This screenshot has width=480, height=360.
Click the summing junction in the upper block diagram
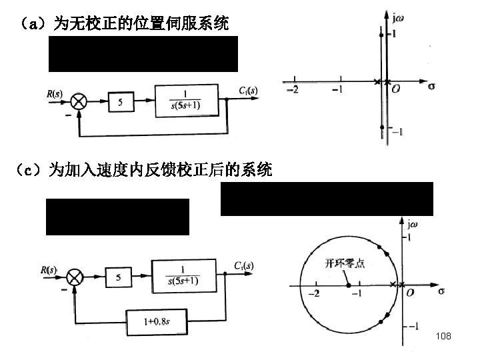tap(79, 101)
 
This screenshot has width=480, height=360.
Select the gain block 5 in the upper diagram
tap(120, 102)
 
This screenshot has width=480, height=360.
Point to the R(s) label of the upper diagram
tap(55, 94)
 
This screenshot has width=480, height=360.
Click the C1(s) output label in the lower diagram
tap(244, 266)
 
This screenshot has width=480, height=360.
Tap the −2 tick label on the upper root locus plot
tap(291, 89)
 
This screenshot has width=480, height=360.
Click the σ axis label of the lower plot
tap(441, 291)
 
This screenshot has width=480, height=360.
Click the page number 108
tap(443, 336)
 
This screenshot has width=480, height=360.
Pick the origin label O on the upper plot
tap(396, 89)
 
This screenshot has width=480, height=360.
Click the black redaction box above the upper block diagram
tap(143, 54)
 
